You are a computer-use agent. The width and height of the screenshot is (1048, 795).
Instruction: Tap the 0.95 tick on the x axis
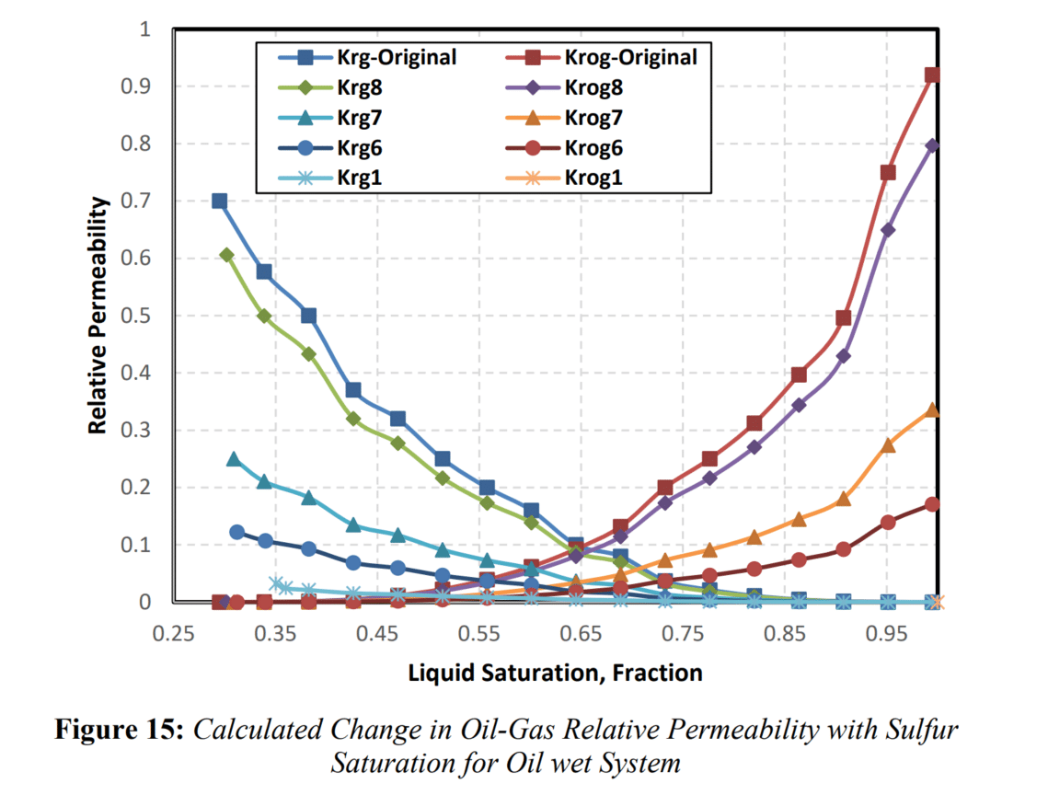pyautogui.click(x=888, y=634)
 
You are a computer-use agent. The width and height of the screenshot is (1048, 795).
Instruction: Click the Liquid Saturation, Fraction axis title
pyautogui.click(x=555, y=673)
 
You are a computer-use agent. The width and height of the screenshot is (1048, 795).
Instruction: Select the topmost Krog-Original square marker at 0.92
pyautogui.click(x=932, y=75)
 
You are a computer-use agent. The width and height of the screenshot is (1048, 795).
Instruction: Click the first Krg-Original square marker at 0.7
pyautogui.click(x=219, y=201)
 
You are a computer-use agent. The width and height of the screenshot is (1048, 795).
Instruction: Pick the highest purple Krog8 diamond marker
pyautogui.click(x=932, y=145)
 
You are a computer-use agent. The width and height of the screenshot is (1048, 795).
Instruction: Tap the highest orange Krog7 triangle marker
pyautogui.click(x=932, y=409)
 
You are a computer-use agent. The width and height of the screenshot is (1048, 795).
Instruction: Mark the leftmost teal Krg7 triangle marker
pyautogui.click(x=234, y=458)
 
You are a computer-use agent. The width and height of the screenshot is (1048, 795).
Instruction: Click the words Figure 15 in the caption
pyautogui.click(x=121, y=731)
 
